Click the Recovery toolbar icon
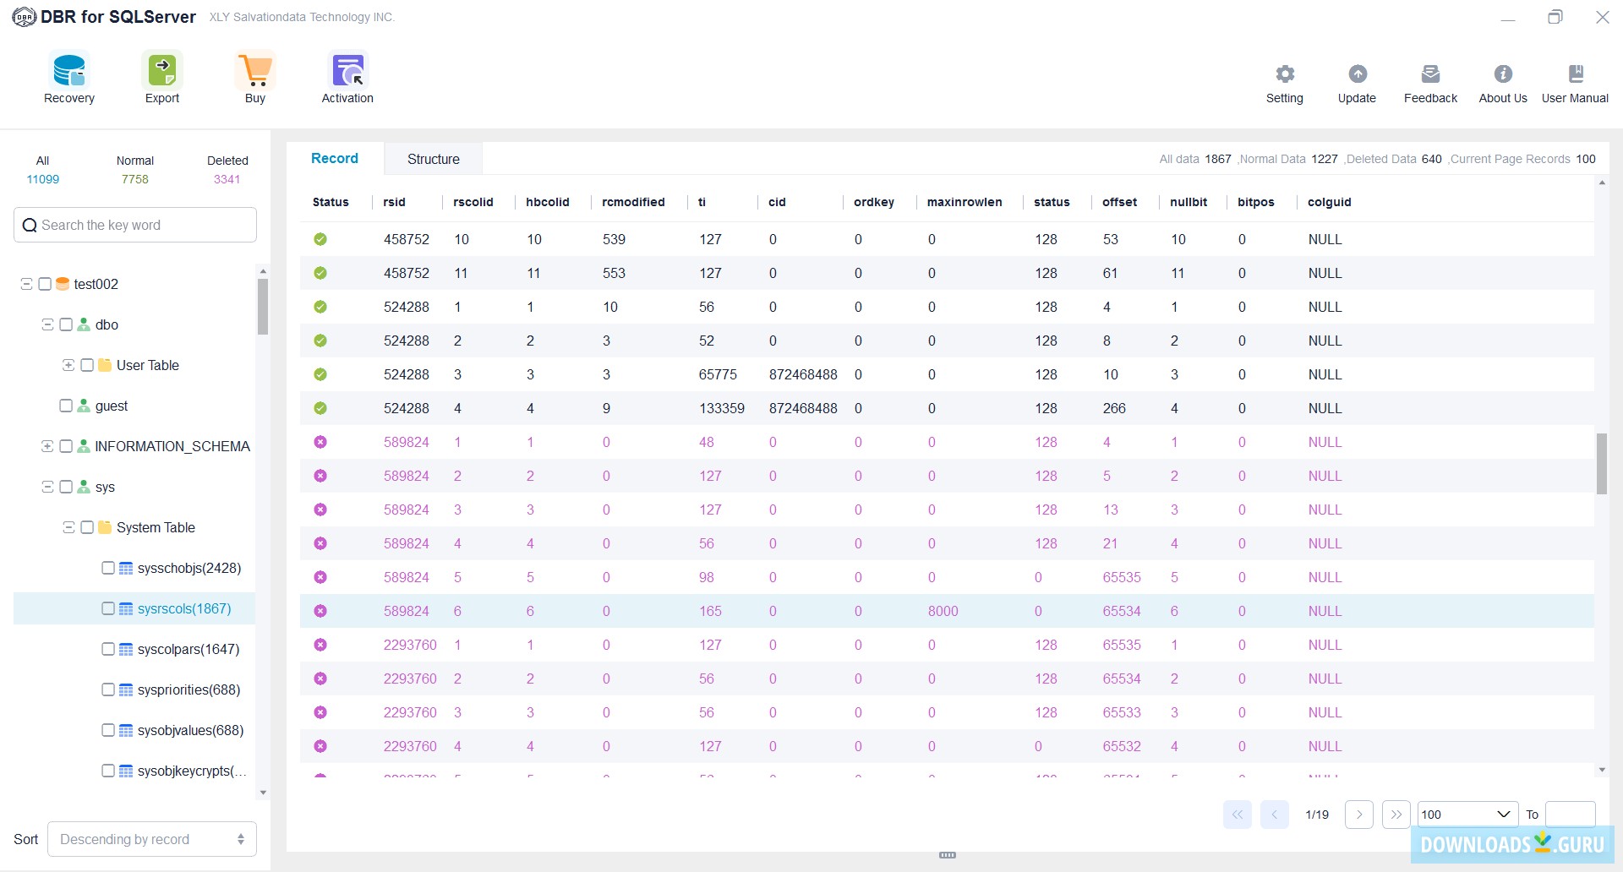tap(69, 72)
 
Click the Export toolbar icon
tap(162, 72)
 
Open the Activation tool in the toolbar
tap(347, 72)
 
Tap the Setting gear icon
tap(1285, 74)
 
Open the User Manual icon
tap(1576, 74)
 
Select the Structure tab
tap(434, 159)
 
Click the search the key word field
tap(144, 226)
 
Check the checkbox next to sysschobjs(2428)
tap(108, 568)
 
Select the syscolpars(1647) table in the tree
tap(189, 649)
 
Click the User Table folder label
tap(148, 365)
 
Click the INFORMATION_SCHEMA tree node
tap(172, 446)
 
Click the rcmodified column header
tap(633, 202)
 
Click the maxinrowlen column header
tap(965, 202)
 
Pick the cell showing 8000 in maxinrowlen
tap(943, 611)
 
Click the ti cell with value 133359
tap(722, 408)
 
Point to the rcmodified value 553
tap(615, 273)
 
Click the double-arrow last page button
tap(1396, 815)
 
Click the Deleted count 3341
tap(227, 179)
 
